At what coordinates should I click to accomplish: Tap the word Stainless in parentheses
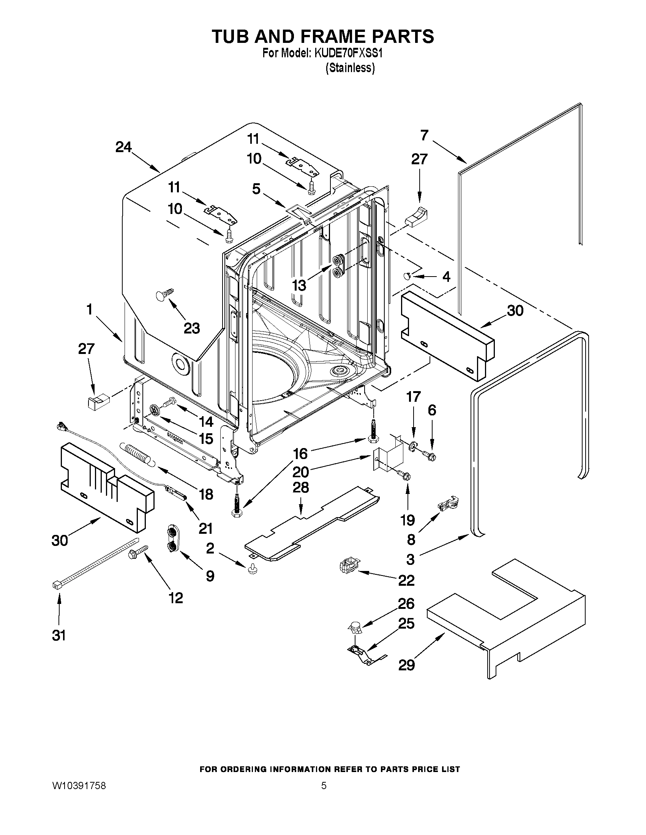click(350, 68)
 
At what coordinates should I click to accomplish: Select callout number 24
click(123, 147)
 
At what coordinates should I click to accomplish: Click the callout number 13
click(299, 285)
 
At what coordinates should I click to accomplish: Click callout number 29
click(406, 665)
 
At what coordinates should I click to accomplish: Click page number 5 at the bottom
click(324, 786)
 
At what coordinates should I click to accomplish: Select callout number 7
click(424, 135)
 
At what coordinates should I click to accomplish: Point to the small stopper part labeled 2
click(252, 570)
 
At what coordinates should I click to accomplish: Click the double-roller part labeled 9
click(172, 540)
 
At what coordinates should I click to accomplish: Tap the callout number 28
click(301, 487)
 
